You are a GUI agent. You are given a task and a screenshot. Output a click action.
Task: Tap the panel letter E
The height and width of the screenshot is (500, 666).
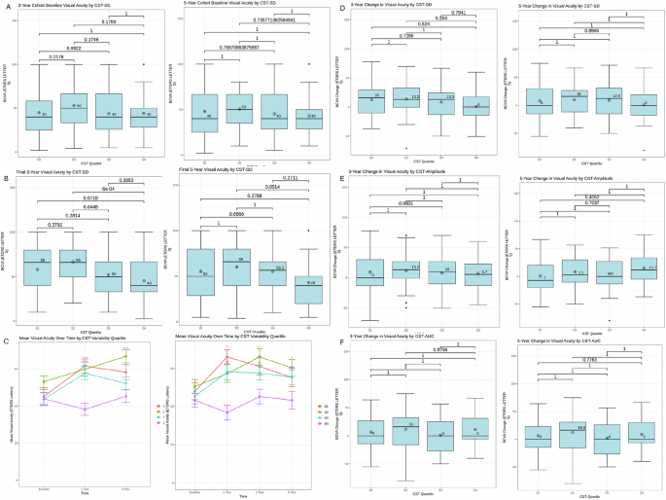coord(336,178)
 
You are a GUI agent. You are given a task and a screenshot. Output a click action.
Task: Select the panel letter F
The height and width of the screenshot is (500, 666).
coord(336,340)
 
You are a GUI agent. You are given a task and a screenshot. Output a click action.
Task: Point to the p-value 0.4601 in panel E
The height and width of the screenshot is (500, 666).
coord(404,202)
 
